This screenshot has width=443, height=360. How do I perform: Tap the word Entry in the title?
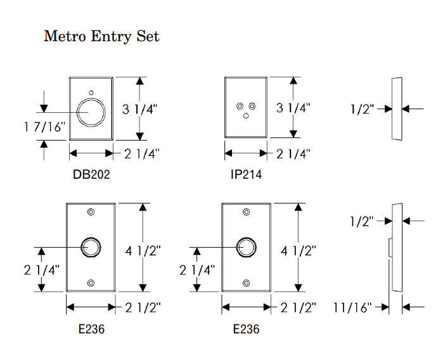112,37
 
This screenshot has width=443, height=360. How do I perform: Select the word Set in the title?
148,36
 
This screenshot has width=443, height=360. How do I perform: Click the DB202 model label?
91,174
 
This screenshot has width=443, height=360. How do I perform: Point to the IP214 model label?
247,174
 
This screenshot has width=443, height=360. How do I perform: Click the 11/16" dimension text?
352,307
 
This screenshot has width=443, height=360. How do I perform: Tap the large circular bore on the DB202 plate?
91,112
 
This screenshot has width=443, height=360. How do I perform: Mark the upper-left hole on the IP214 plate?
239,105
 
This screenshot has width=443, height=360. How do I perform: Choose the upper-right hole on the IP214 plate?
252,105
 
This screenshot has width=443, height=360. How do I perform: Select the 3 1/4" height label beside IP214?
293,108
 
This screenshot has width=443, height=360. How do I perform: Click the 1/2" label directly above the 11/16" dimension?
363,221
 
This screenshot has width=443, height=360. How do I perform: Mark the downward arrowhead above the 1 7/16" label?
44,107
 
